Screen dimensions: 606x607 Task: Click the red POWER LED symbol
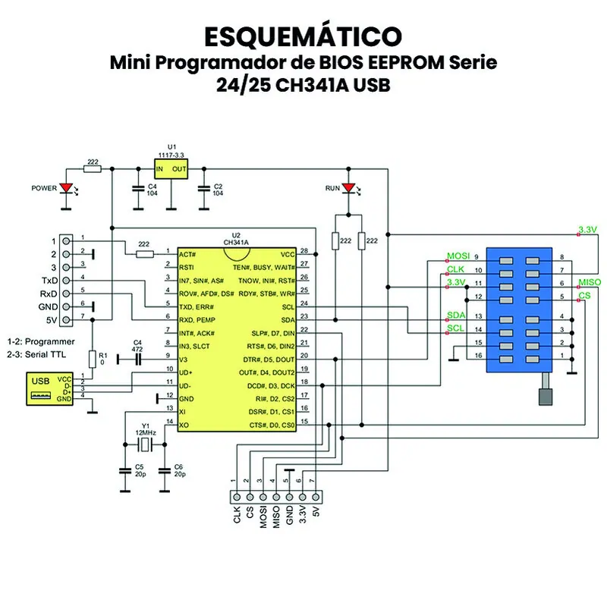coord(66,187)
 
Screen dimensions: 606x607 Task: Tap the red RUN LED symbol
coord(348,187)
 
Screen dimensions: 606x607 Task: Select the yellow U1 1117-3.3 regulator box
coord(171,168)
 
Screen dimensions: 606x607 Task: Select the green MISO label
coord(589,281)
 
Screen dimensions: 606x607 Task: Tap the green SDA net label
coord(455,315)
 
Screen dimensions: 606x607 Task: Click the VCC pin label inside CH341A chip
coord(288,254)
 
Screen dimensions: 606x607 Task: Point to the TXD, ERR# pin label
coord(197,307)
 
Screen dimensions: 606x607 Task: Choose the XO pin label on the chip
coord(184,425)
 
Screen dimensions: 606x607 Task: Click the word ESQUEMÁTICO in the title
coord(303,36)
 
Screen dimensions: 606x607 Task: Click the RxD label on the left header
coord(49,294)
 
